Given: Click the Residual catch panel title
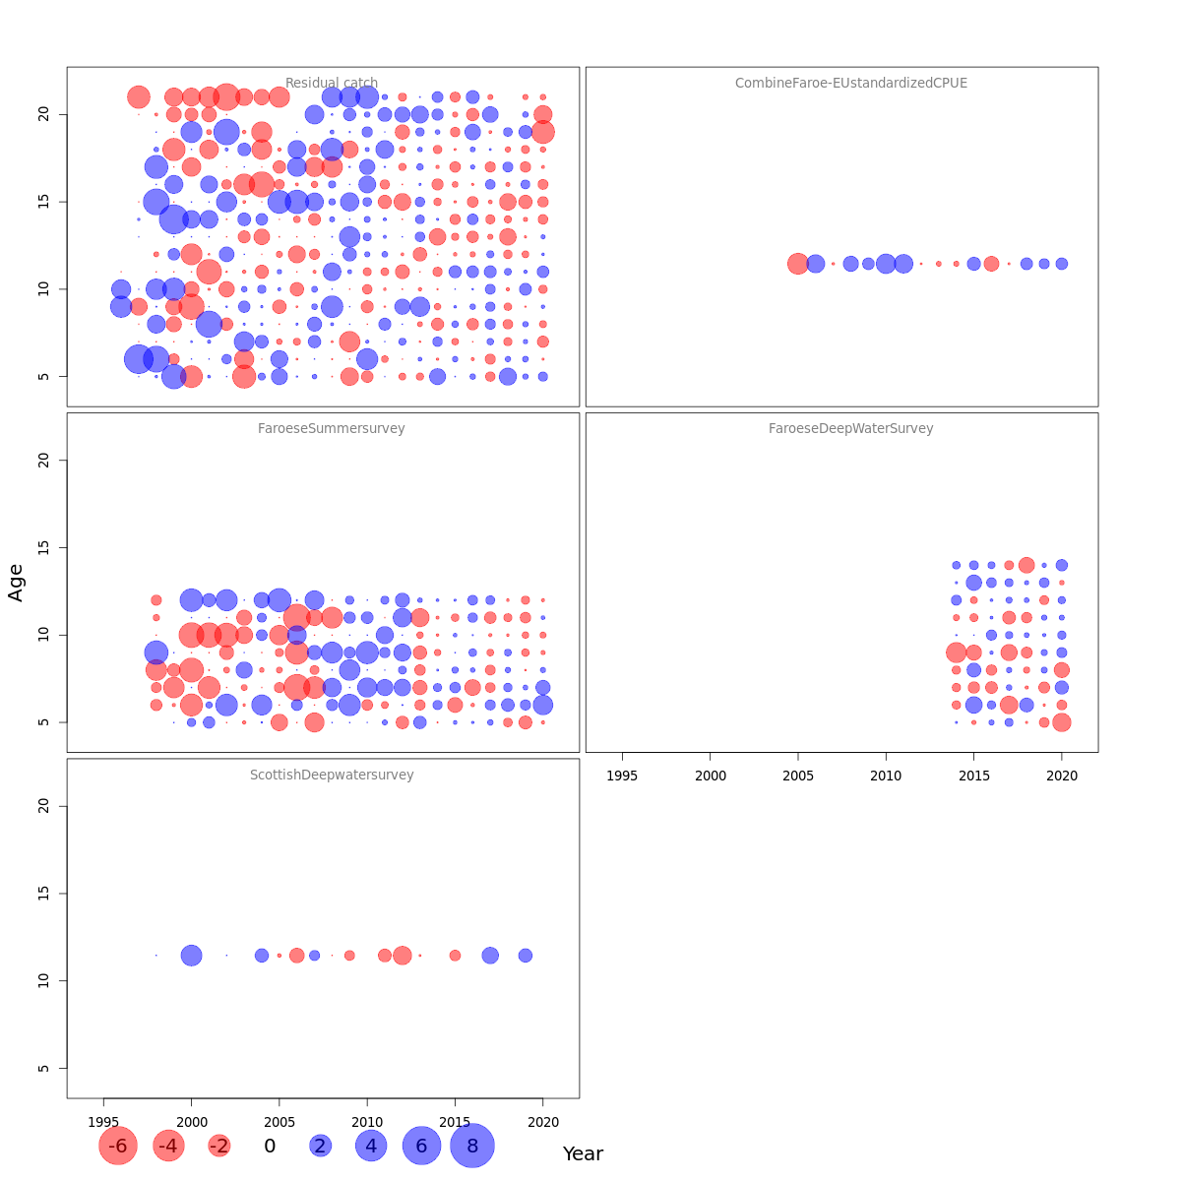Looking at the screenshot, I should pyautogui.click(x=332, y=84).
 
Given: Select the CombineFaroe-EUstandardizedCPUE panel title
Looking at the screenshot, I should pyautogui.click(x=851, y=84).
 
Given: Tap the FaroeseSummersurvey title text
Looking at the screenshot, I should pyautogui.click(x=332, y=429).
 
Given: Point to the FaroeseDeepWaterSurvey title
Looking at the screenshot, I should pyautogui.click(x=851, y=429).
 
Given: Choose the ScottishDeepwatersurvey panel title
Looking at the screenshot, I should pyautogui.click(x=332, y=776).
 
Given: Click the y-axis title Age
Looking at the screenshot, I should pyautogui.click(x=16, y=583).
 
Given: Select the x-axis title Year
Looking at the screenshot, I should pyautogui.click(x=583, y=1154).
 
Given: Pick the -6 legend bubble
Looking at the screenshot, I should pyautogui.click(x=118, y=1146).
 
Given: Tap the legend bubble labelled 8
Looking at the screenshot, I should pyautogui.click(x=472, y=1146).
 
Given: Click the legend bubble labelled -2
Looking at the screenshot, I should pyautogui.click(x=219, y=1146).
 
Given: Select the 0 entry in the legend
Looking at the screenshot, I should pyautogui.click(x=270, y=1146).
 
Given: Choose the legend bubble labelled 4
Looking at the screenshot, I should pyautogui.click(x=371, y=1146).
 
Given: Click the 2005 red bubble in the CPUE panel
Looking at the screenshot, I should pyautogui.click(x=798, y=264).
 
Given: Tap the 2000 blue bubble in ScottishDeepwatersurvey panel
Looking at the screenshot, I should pyautogui.click(x=192, y=956).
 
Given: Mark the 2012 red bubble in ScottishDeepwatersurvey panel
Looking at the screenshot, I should pyautogui.click(x=403, y=956).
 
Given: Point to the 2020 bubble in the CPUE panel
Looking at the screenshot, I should pyautogui.click(x=1062, y=264).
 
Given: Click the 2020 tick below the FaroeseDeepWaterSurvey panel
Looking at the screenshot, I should pyautogui.click(x=1062, y=777).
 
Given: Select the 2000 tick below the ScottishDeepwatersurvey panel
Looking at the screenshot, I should pyautogui.click(x=192, y=1123).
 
